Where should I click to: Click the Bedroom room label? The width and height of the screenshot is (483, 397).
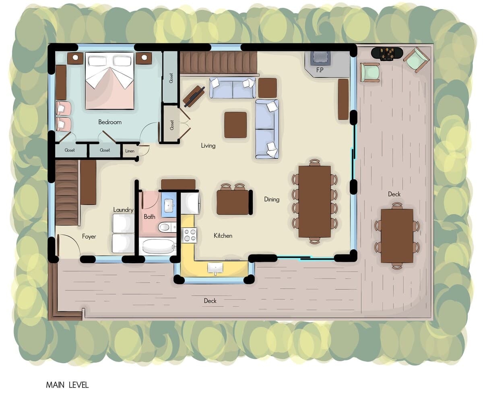click(x=110, y=122)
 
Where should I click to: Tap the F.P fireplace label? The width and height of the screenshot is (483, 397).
click(x=320, y=70)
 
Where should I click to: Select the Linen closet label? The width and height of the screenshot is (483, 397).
click(x=130, y=151)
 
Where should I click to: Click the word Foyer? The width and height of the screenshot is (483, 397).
click(x=89, y=236)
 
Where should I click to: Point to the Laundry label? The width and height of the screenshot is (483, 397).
click(x=124, y=210)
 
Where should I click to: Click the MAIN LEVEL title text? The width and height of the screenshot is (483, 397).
click(x=67, y=385)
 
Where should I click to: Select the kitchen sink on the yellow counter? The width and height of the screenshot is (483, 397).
click(x=215, y=268)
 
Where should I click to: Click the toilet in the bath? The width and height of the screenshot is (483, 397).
click(x=166, y=227)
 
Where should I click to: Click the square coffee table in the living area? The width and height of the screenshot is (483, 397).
click(x=235, y=125)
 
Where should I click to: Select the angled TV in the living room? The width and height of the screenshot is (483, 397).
click(x=194, y=96)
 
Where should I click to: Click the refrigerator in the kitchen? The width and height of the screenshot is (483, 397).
click(x=190, y=203)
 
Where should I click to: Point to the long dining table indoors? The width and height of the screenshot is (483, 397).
click(x=315, y=201)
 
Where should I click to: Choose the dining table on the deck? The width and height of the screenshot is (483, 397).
click(x=397, y=235)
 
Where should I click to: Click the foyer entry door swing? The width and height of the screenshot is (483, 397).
click(x=68, y=244)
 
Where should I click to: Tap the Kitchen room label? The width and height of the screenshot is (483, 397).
click(x=223, y=236)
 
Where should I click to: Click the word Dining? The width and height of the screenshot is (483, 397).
click(x=272, y=199)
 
